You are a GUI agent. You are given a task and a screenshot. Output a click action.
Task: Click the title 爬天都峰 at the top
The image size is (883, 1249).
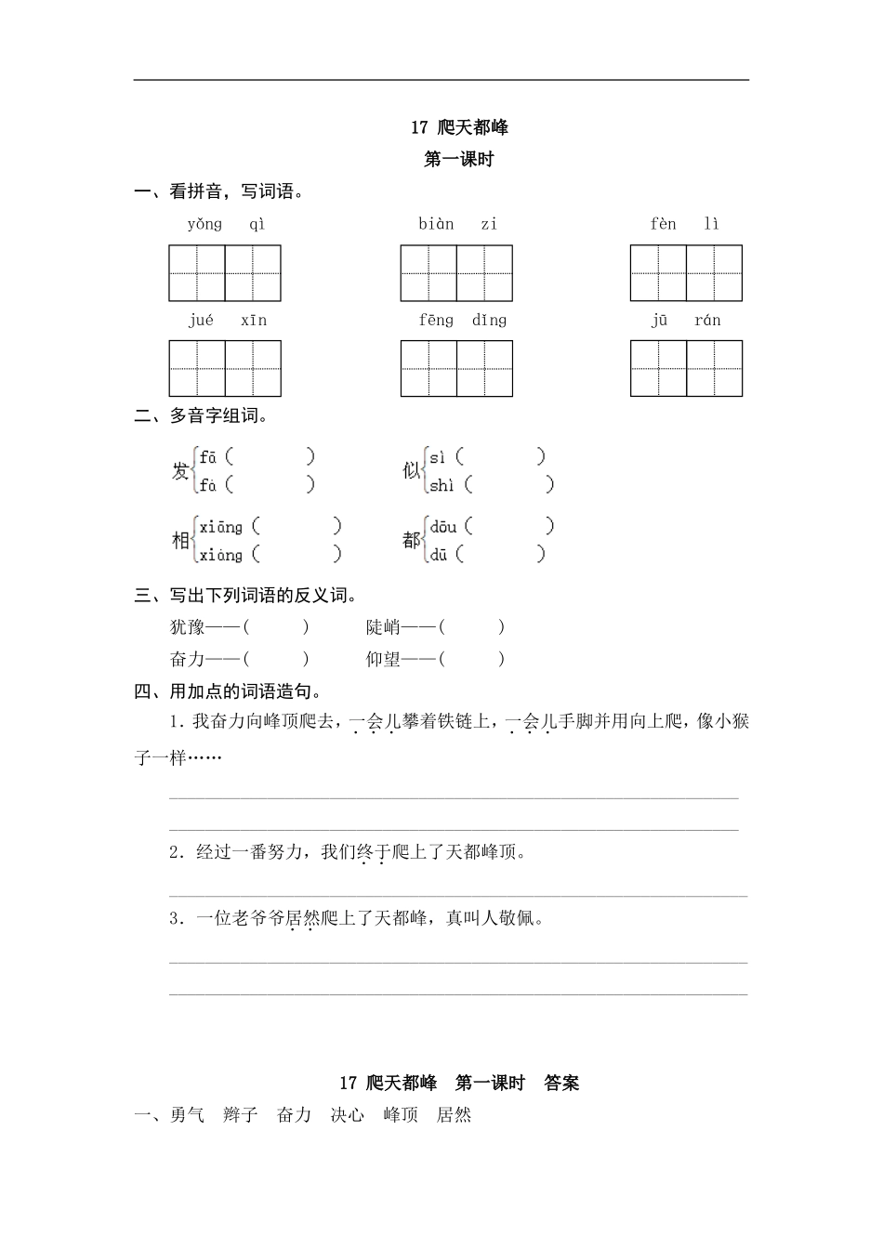472,127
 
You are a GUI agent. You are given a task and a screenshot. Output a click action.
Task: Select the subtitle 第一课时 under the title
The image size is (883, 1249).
458,160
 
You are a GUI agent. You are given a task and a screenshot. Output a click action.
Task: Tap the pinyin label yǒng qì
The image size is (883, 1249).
226,224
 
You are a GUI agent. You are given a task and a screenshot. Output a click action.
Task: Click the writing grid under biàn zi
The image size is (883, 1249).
456,273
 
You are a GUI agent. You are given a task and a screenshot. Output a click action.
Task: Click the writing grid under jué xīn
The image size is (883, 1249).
225,368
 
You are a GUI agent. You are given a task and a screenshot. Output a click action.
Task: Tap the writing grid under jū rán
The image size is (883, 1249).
686,368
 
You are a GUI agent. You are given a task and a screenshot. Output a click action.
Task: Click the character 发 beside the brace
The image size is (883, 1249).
180,471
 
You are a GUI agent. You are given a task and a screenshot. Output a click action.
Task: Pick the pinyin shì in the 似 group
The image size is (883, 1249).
441,484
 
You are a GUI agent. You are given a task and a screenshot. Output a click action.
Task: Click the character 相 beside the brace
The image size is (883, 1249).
180,541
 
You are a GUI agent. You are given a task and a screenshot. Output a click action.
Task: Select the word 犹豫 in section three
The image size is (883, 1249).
187,627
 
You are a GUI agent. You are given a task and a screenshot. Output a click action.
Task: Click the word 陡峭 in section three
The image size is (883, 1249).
383,627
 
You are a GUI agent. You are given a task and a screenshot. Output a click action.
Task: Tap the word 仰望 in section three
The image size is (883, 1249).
383,660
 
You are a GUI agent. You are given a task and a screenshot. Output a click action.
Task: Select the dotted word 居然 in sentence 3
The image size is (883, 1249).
302,919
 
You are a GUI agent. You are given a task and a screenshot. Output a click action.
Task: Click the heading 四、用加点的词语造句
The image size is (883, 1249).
229,691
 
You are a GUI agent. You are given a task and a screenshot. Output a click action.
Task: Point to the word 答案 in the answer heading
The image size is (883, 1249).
561,1083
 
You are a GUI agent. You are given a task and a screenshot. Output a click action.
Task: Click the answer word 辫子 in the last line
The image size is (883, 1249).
241,1115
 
